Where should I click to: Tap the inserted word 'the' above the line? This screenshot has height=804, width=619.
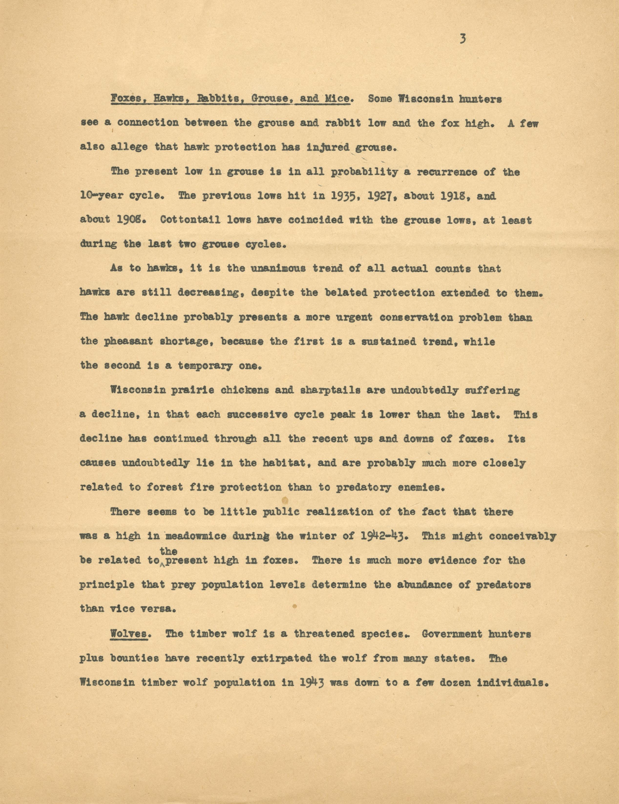coord(169,551)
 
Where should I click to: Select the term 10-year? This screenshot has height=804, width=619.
coord(101,196)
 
